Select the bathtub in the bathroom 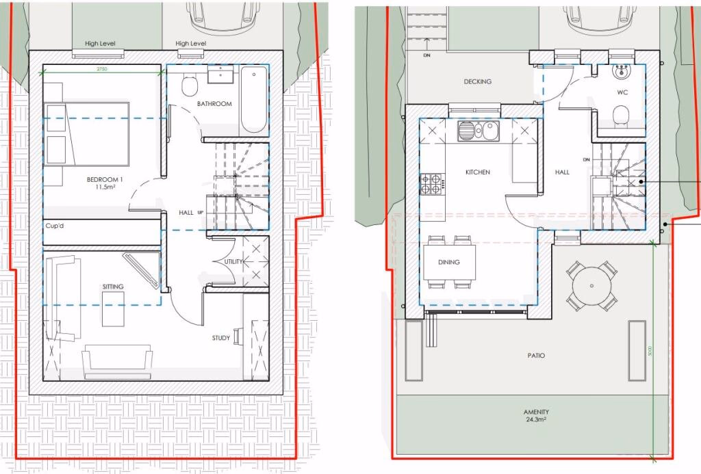pos(253,101)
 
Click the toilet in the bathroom pos(190,87)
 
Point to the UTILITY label pos(234,261)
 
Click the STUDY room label pos(220,337)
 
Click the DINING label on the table pos(449,262)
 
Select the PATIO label pos(537,356)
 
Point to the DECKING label pos(477,81)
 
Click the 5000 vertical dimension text pos(650,350)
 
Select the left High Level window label pos(100,44)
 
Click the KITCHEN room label pos(477,172)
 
